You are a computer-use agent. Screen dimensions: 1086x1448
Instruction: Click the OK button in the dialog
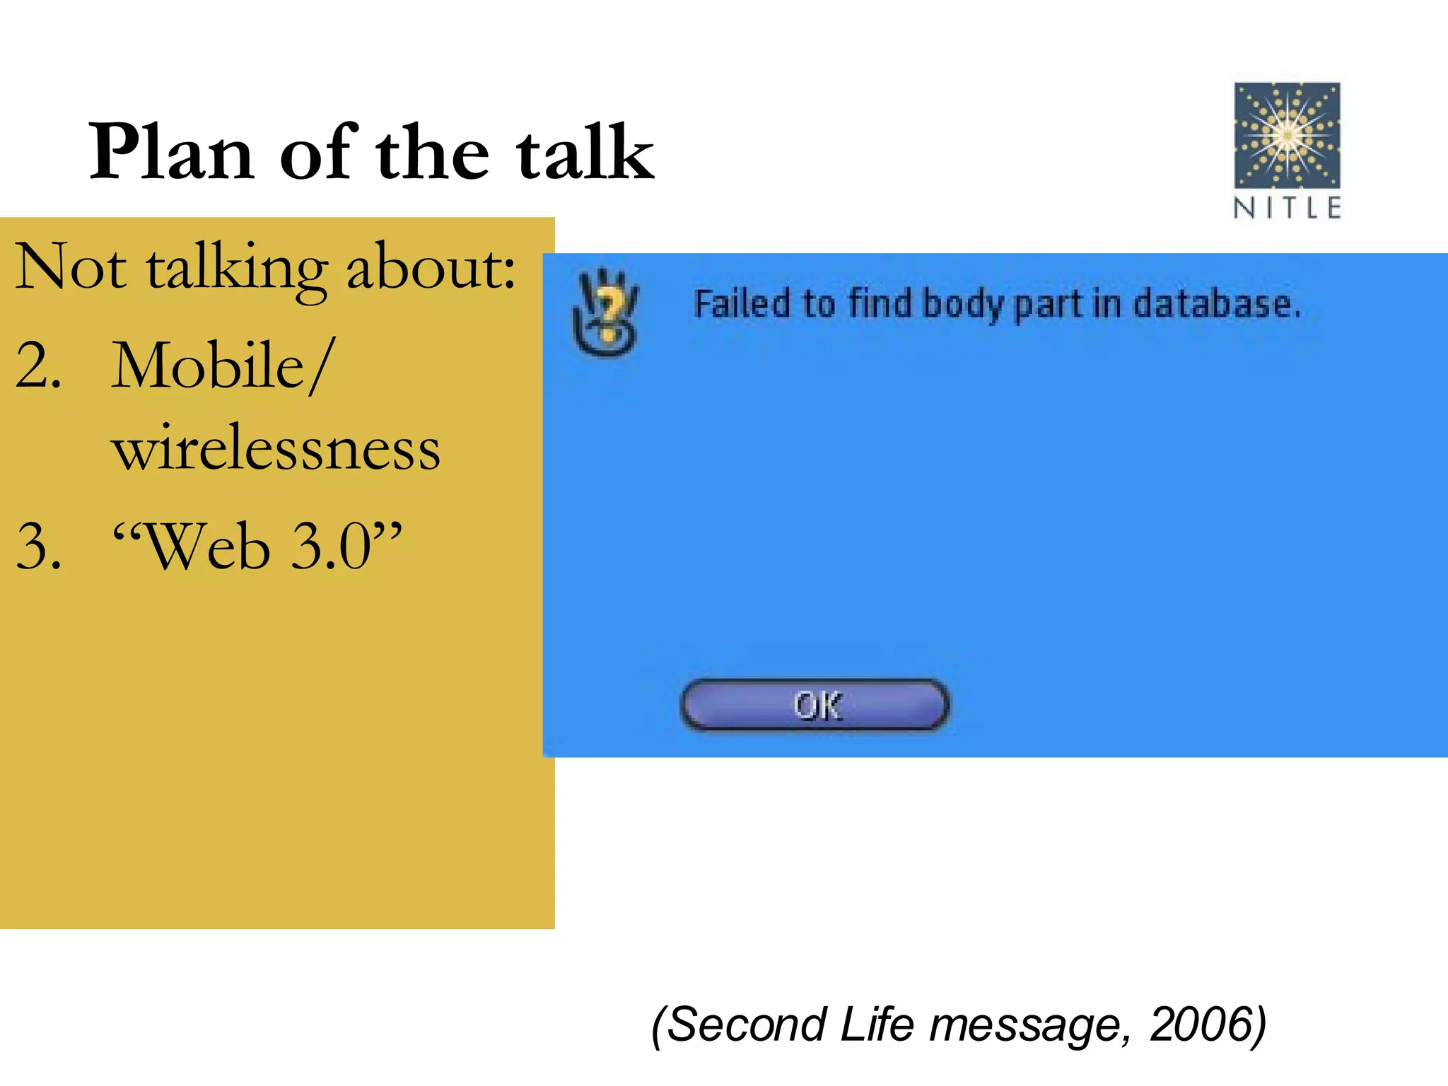[x=814, y=705]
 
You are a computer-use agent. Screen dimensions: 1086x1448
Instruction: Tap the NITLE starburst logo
[x=1287, y=135]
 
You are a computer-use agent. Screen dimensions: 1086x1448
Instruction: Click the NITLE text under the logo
[x=1287, y=208]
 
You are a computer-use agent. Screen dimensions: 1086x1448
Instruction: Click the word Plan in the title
[x=171, y=152]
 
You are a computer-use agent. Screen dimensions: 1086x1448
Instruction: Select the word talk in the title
[x=585, y=152]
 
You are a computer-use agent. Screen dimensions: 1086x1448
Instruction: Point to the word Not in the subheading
[x=71, y=267]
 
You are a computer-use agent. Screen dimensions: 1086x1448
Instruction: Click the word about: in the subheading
[x=431, y=267]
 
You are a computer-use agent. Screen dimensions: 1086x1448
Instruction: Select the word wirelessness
[x=276, y=448]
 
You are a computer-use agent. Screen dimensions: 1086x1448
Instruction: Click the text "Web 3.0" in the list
[x=257, y=547]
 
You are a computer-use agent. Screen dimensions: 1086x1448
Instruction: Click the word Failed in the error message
[x=742, y=304]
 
